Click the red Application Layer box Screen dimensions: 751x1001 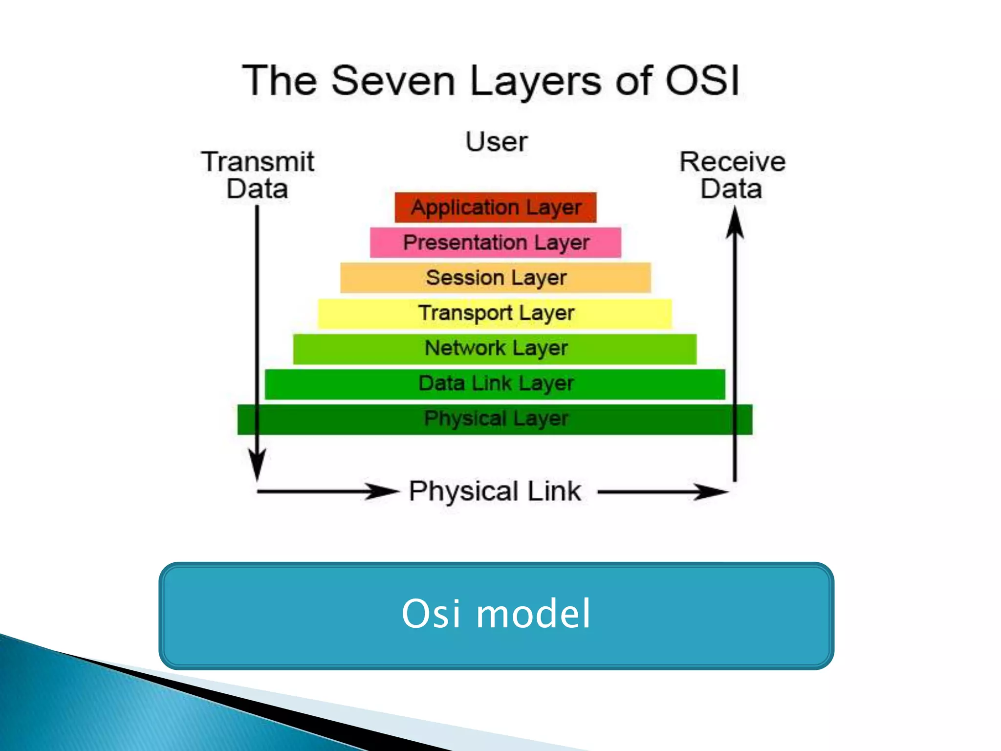(495, 208)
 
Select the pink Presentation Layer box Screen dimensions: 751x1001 (495, 243)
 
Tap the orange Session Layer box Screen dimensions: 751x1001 (495, 278)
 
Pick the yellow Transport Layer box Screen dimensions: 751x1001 (495, 313)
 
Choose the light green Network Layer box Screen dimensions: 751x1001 (495, 349)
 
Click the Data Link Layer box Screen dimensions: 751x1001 (495, 384)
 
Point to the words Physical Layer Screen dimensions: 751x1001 (496, 419)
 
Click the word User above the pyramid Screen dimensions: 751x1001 (496, 142)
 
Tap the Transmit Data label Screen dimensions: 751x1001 (258, 175)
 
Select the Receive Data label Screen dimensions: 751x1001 (732, 175)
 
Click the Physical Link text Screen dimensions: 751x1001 (495, 491)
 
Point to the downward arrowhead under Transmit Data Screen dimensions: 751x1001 (257, 464)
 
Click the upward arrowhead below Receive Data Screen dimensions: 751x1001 (735, 222)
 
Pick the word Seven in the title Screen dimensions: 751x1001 (393, 81)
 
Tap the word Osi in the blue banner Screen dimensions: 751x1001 (431, 614)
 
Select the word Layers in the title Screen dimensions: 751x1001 (535, 81)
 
